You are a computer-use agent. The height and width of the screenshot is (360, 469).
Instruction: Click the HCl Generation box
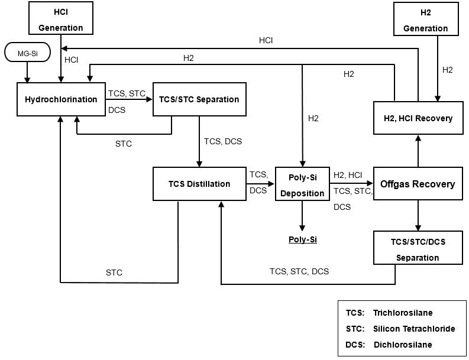tap(61, 18)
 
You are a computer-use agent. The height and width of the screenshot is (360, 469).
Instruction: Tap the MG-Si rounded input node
tap(27, 53)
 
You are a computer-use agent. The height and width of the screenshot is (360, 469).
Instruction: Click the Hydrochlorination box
tap(61, 99)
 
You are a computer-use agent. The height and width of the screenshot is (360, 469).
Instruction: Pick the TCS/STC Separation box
tap(199, 99)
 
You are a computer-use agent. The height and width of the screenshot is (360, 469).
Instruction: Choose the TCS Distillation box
tap(199, 184)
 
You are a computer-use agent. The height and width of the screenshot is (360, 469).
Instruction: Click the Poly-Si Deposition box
tap(302, 184)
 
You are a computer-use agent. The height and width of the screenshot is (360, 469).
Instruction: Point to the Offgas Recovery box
tap(418, 184)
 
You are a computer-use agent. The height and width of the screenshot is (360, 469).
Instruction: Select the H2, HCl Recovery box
tap(418, 118)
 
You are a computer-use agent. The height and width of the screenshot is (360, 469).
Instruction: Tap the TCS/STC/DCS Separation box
tap(418, 248)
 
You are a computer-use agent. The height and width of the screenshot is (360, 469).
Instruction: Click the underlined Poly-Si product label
tap(302, 239)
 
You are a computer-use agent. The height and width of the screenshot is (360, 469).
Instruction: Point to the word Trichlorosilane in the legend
tap(402, 313)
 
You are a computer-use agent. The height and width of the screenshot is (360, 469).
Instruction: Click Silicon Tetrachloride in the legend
tap(414, 329)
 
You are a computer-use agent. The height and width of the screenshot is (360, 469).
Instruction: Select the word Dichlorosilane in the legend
tap(403, 345)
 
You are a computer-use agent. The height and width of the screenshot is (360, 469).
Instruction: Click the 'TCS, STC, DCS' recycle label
tap(299, 271)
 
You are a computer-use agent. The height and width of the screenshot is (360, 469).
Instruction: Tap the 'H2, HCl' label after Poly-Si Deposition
tap(348, 175)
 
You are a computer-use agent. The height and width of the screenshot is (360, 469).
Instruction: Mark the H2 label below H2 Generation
tap(448, 70)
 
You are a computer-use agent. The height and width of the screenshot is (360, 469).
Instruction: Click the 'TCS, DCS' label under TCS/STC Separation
tap(223, 141)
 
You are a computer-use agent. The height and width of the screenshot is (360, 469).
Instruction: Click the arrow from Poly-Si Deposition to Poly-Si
tap(302, 216)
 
